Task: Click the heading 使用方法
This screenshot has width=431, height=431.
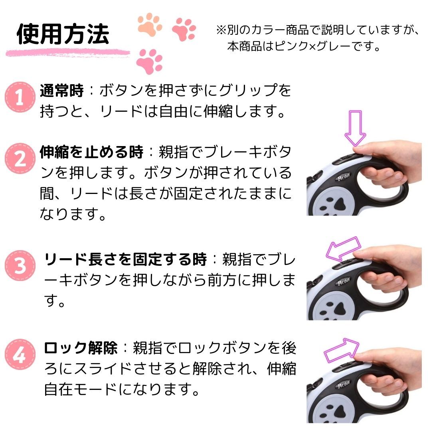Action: [63, 34]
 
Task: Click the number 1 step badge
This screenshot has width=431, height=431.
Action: [20, 97]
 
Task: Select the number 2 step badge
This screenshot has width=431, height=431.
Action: [20, 158]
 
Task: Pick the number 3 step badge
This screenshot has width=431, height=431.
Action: [20, 265]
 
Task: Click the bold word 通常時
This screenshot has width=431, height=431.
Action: [61, 90]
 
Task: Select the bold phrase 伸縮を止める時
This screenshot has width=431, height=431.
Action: [91, 152]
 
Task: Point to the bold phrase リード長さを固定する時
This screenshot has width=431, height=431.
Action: [125, 259]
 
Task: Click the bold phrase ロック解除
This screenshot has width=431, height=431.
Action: [81, 348]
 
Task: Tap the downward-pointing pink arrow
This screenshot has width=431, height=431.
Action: [355, 128]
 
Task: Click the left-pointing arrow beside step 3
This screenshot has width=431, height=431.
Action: [343, 248]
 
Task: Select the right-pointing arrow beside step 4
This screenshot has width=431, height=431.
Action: [342, 350]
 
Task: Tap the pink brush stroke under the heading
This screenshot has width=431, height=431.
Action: [67, 53]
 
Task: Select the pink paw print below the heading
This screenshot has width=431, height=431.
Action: [150, 61]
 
